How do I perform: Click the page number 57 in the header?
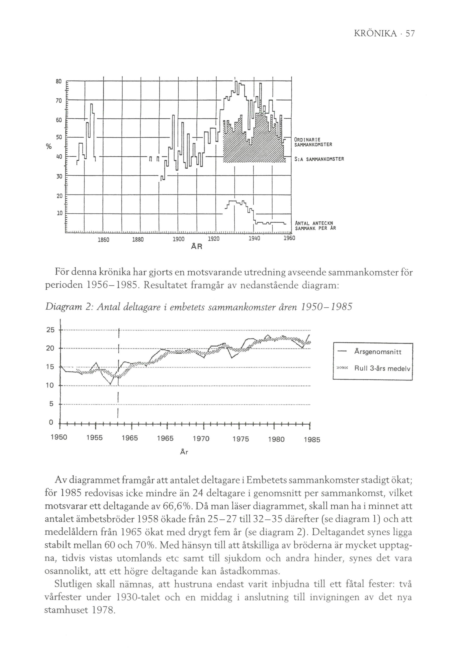(x=410, y=34)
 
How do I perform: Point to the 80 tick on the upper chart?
(x=58, y=81)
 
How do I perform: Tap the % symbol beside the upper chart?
(x=49, y=147)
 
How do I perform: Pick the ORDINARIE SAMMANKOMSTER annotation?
(x=313, y=142)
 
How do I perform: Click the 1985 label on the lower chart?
(x=312, y=440)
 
